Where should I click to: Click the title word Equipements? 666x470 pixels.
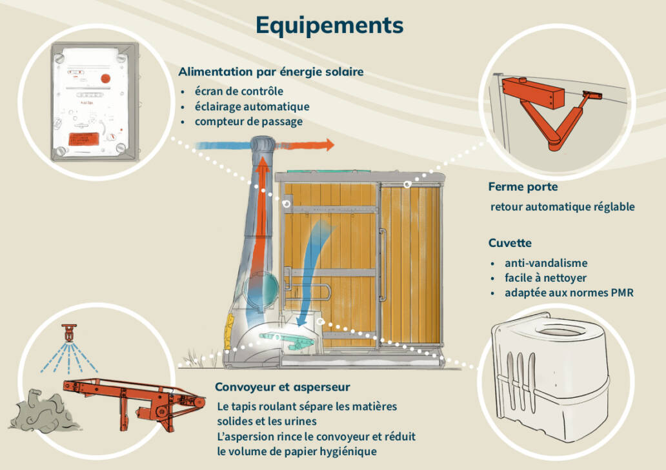(x=330, y=25)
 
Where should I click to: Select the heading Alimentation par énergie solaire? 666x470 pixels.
(x=271, y=72)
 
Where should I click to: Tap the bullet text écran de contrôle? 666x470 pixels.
(x=239, y=91)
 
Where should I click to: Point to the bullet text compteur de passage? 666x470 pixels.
(x=249, y=122)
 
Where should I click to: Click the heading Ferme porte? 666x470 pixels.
(x=523, y=187)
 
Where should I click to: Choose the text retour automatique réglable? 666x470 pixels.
(x=562, y=206)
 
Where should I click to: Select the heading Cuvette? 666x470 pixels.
(x=510, y=243)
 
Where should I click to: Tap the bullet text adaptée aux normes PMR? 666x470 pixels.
(x=569, y=293)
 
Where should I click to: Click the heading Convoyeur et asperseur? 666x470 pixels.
(x=283, y=387)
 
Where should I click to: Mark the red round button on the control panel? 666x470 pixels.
(x=105, y=79)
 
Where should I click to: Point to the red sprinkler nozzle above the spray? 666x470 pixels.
(x=69, y=332)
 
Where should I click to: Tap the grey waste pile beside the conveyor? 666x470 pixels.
(x=44, y=411)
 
